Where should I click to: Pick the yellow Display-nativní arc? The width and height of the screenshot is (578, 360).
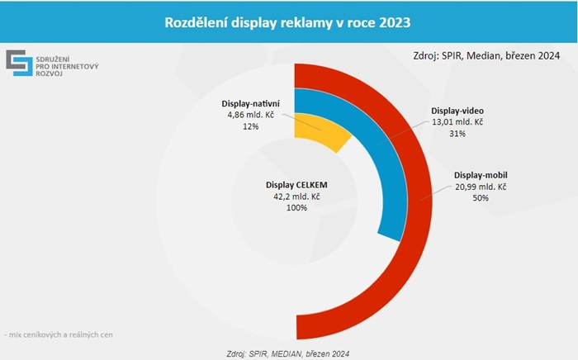(318, 132)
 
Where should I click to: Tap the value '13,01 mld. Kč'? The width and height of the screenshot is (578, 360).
(457, 121)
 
